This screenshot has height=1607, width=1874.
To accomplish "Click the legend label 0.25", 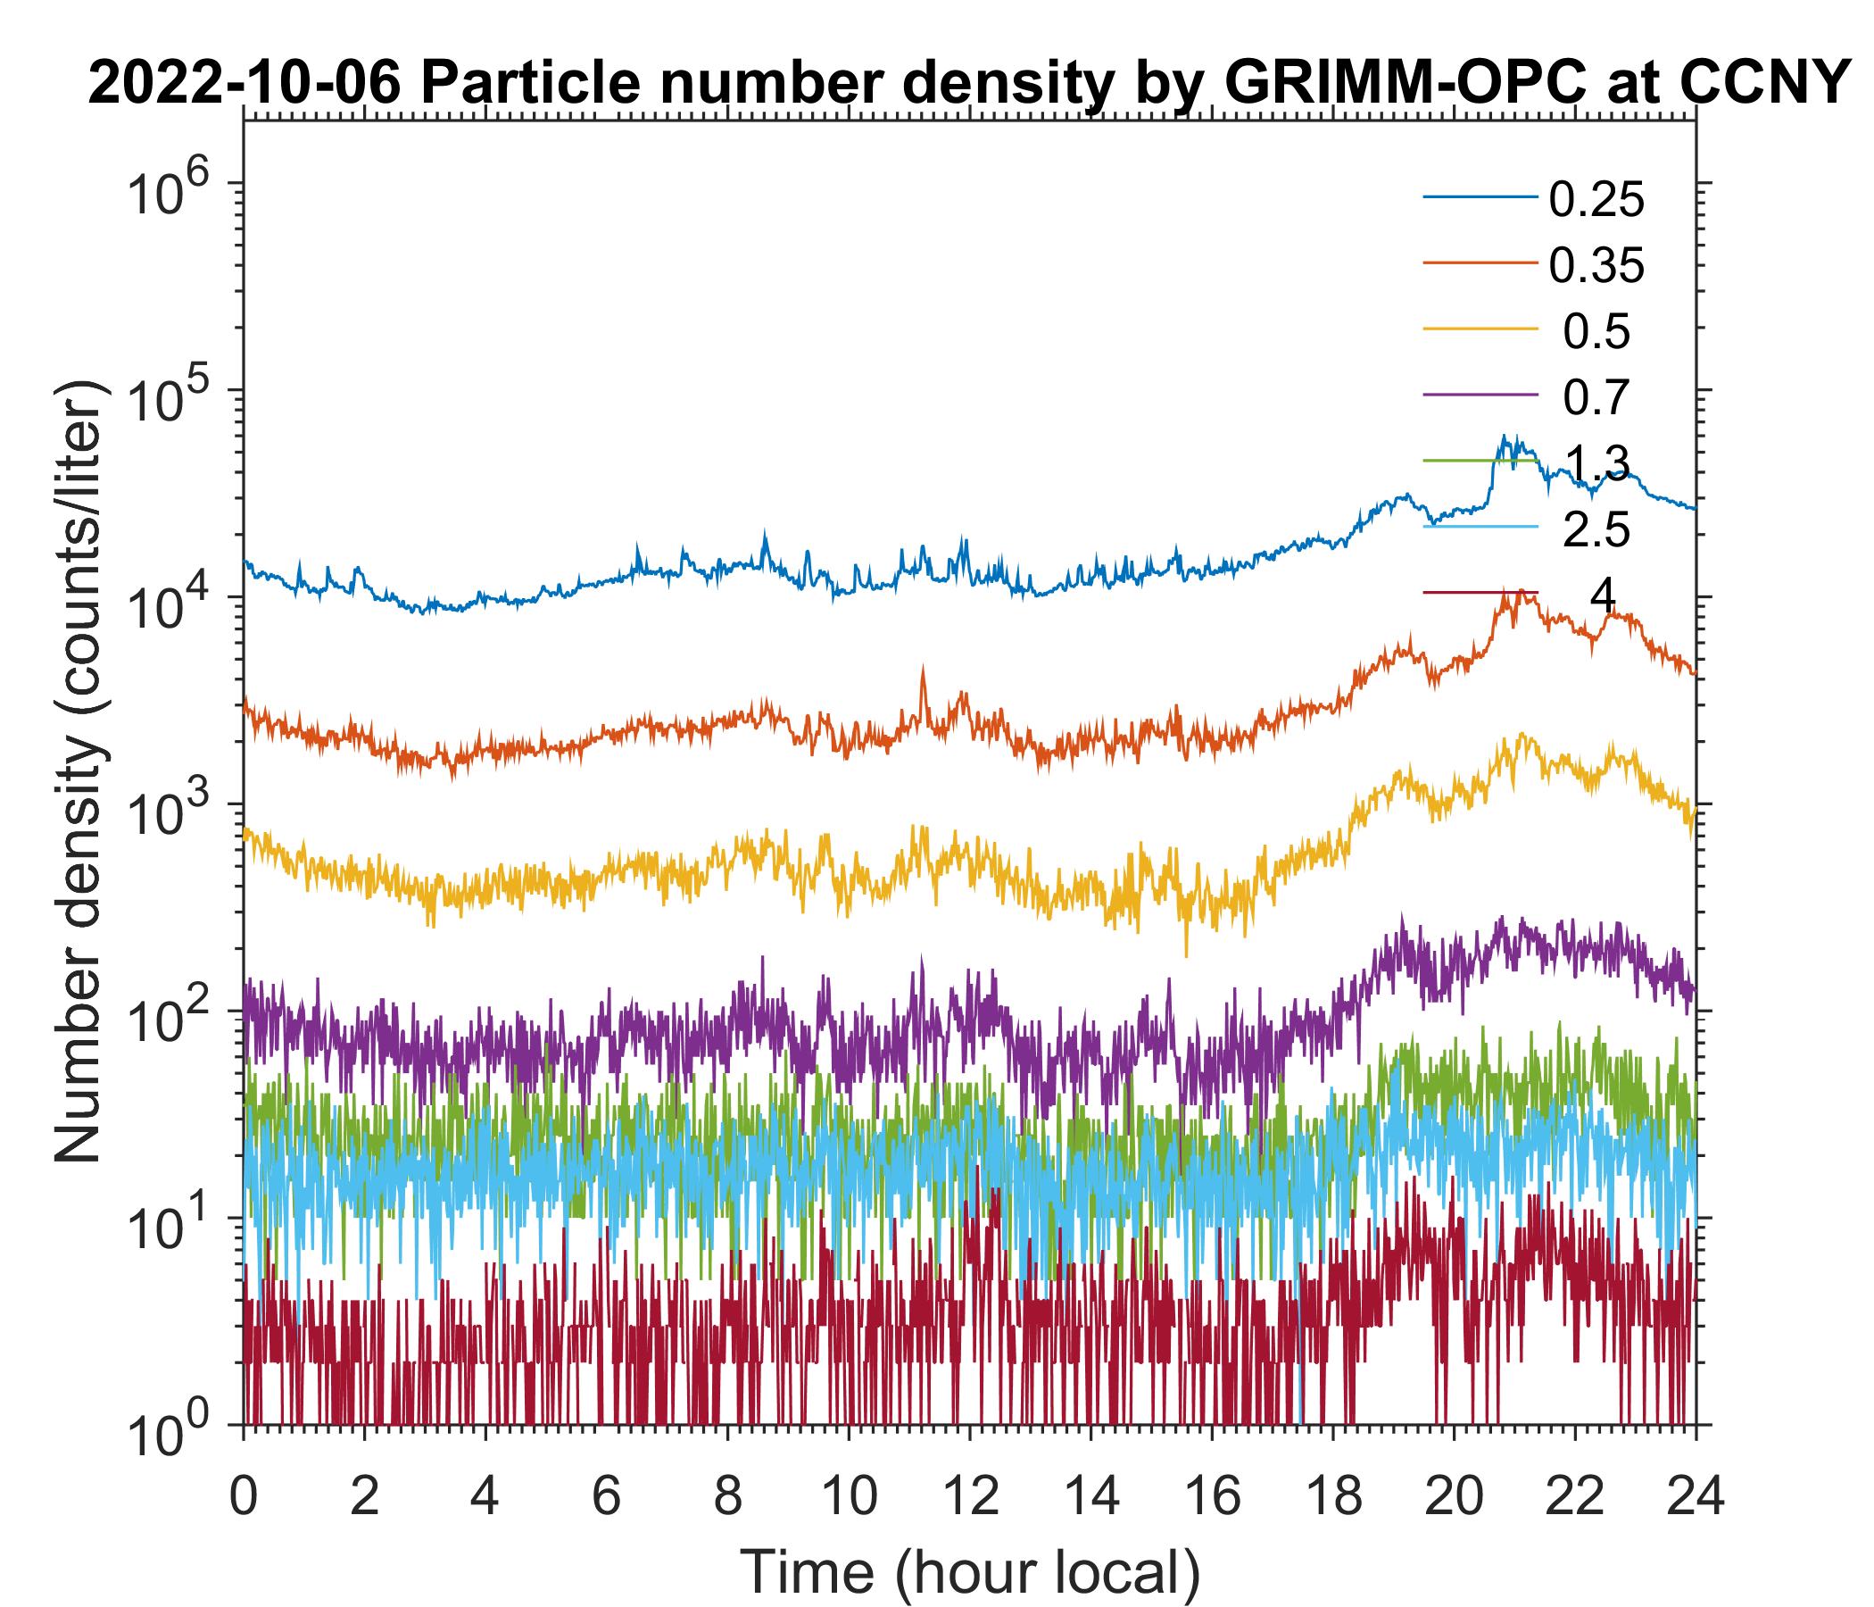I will [1596, 200].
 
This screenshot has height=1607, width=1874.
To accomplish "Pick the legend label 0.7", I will [1596, 398].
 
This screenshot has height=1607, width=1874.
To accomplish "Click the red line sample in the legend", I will [1480, 594].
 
